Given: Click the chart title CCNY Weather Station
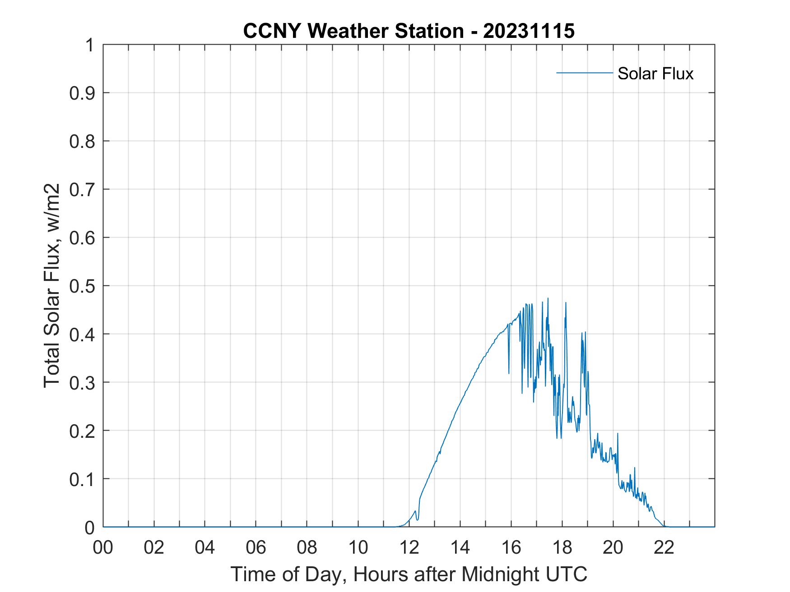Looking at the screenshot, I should coord(353,31).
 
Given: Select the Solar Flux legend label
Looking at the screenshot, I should coord(655,73).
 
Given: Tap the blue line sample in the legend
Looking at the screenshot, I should coord(584,73).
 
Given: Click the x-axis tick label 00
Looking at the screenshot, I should coord(103,548).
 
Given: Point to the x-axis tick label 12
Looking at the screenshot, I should coord(409,548).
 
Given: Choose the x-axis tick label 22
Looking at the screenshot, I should coord(664,548).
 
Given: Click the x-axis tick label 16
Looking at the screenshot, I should coord(511,548).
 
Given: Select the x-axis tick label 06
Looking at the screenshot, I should coord(256,548).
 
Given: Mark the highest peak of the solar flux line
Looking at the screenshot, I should coord(548,298).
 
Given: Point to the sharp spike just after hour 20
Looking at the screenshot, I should coord(618,434).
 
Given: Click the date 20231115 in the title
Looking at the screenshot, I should coord(529,31).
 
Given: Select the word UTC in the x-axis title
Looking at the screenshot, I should coord(567,574).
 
